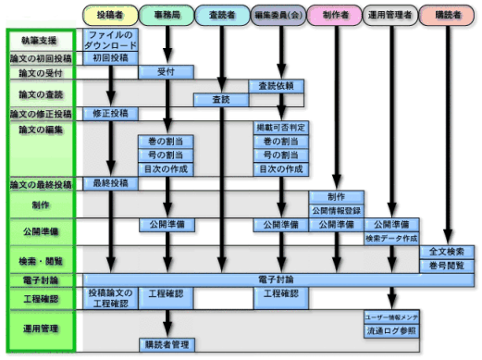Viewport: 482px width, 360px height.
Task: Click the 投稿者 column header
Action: pyautogui.click(x=111, y=15)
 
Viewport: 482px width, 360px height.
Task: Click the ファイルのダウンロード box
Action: pyautogui.click(x=111, y=40)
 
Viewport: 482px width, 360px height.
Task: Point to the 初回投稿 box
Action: pyautogui.click(x=111, y=57)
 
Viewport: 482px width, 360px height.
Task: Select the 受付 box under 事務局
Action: pyautogui.click(x=167, y=71)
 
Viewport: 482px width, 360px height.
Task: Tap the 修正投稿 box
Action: pyautogui.click(x=111, y=113)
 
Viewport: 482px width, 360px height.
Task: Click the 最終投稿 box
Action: pyautogui.click(x=111, y=183)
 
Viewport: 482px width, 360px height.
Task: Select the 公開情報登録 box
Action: pyautogui.click(x=335, y=210)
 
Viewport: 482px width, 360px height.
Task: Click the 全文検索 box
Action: pyautogui.click(x=447, y=252)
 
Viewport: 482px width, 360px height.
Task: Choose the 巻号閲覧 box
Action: pyautogui.click(x=447, y=266)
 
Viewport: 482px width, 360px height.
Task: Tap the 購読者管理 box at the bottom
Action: pyautogui.click(x=167, y=344)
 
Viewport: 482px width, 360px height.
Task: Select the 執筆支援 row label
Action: pyautogui.click(x=41, y=41)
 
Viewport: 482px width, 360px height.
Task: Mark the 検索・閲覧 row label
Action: pyautogui.click(x=41, y=258)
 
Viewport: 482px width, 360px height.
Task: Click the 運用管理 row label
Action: pyautogui.click(x=41, y=329)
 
